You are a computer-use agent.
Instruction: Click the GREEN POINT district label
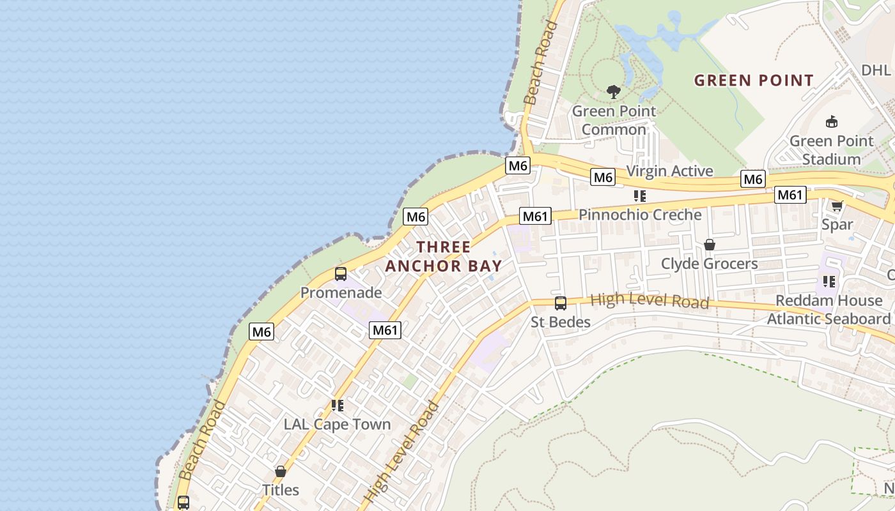pyautogui.click(x=754, y=80)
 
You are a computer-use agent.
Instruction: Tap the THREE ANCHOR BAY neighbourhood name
pyautogui.click(x=443, y=256)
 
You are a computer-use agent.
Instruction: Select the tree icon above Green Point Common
pyautogui.click(x=614, y=92)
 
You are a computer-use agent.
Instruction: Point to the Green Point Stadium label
pyautogui.click(x=831, y=150)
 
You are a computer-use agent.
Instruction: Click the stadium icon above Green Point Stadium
pyautogui.click(x=832, y=121)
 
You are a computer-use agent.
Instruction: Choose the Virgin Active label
pyautogui.click(x=669, y=171)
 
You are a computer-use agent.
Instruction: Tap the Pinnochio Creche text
pyautogui.click(x=640, y=215)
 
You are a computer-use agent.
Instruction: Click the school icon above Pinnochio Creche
pyautogui.click(x=640, y=195)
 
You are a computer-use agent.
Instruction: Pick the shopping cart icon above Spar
pyautogui.click(x=837, y=206)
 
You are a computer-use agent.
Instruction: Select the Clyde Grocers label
pyautogui.click(x=709, y=264)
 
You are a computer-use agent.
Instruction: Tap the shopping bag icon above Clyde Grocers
pyautogui.click(x=709, y=245)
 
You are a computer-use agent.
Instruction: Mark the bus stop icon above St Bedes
pyautogui.click(x=561, y=303)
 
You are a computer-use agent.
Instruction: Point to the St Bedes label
pyautogui.click(x=561, y=322)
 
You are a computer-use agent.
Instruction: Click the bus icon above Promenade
pyautogui.click(x=341, y=274)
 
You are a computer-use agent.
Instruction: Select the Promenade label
pyautogui.click(x=341, y=293)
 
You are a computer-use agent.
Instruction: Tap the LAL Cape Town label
pyautogui.click(x=337, y=424)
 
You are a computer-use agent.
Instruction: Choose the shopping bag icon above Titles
pyautogui.click(x=280, y=471)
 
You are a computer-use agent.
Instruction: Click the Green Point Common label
pyautogui.click(x=614, y=120)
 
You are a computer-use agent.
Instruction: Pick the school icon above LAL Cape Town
pyautogui.click(x=337, y=405)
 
